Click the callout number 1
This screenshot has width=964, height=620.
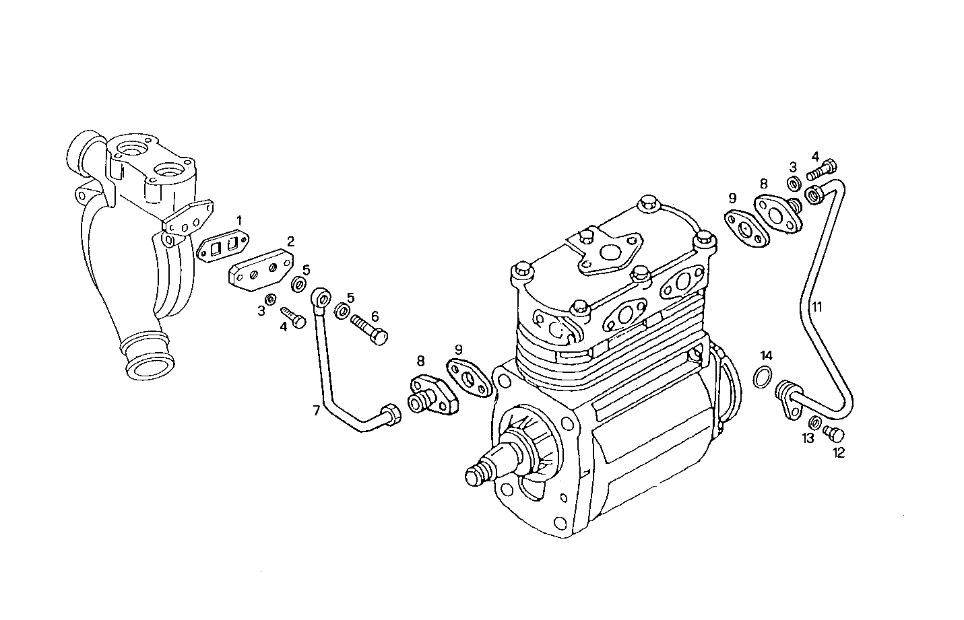[x=238, y=220]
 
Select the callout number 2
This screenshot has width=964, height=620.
[x=290, y=241]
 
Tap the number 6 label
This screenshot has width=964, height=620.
[x=375, y=316]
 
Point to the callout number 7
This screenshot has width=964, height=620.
[x=316, y=410]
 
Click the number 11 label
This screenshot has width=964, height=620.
[x=816, y=308]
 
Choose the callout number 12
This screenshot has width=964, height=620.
[x=838, y=453]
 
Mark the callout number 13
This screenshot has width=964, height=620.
[x=807, y=438]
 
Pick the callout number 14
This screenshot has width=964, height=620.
[x=767, y=355]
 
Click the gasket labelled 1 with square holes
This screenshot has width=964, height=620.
[x=223, y=248]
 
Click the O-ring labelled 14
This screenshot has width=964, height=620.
[x=761, y=377]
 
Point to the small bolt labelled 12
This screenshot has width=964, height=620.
[x=834, y=432]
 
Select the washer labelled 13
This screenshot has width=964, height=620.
[x=814, y=423]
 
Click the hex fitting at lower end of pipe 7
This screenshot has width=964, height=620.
[x=391, y=415]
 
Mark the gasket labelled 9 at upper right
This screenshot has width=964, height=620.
[x=746, y=228]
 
